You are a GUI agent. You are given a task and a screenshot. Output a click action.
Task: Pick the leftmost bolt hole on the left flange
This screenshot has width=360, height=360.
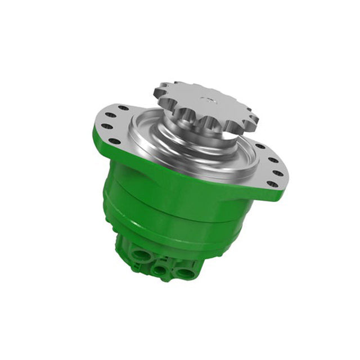[x=102, y=127]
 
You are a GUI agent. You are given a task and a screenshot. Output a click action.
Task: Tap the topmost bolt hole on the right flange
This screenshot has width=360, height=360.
[x=260, y=146]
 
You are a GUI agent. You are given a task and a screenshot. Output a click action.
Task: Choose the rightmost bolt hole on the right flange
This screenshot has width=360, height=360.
[x=280, y=170]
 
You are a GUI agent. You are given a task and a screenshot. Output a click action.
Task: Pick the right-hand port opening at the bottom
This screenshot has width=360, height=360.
[x=183, y=272]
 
